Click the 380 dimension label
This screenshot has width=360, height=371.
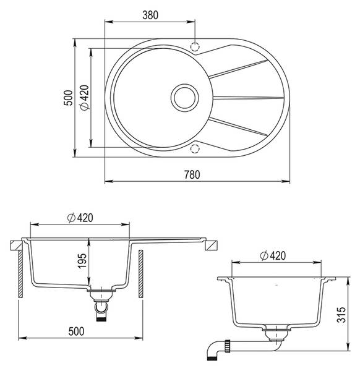point(150,15)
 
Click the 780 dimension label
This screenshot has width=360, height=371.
point(192,174)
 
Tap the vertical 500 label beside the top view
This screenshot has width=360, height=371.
point(69,98)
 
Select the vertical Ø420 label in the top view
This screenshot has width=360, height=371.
point(85,98)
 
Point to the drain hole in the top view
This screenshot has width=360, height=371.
point(184,98)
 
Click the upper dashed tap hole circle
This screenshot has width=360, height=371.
point(195,46)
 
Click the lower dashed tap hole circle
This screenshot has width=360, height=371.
point(195,148)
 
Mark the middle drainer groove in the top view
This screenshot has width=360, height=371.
point(248,97)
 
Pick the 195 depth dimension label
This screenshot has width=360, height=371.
point(82,261)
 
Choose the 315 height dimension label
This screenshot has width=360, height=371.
point(341,315)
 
